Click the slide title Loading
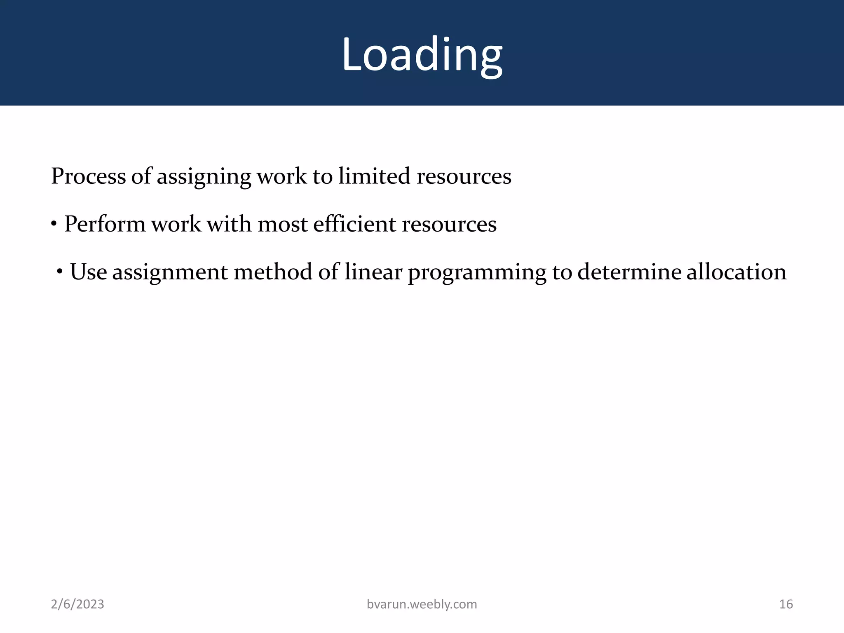(x=422, y=55)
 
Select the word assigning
(x=204, y=176)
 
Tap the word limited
(x=374, y=176)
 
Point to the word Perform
(x=105, y=224)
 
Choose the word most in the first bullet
(x=283, y=224)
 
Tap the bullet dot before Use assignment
(x=60, y=271)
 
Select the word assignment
(x=170, y=272)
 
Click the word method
(x=273, y=272)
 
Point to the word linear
(x=373, y=272)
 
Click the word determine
(x=629, y=272)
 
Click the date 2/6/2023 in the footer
(x=77, y=604)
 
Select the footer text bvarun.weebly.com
(x=422, y=604)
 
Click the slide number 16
(x=786, y=604)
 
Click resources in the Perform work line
(x=449, y=224)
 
